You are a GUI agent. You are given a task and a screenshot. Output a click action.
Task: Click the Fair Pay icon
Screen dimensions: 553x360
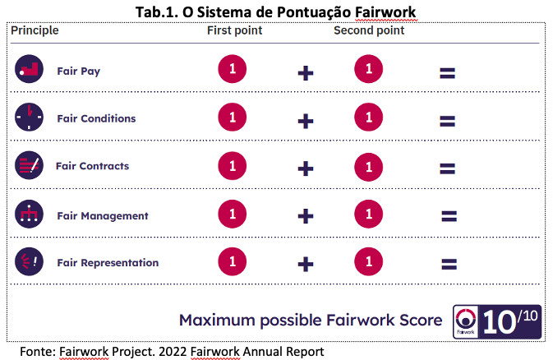(29, 69)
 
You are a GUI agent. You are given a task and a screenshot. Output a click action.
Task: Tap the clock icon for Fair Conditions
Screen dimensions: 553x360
(29, 117)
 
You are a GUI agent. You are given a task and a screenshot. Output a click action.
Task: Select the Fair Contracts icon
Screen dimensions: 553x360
(29, 165)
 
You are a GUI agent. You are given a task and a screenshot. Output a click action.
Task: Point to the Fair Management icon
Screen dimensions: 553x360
(29, 214)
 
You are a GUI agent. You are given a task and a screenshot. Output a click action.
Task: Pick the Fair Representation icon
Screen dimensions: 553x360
(29, 261)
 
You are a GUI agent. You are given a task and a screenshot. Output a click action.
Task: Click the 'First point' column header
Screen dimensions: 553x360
(234, 30)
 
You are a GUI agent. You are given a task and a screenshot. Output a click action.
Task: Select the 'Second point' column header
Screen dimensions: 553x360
(369, 30)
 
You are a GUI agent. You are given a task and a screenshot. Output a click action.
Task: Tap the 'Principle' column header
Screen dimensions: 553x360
(35, 30)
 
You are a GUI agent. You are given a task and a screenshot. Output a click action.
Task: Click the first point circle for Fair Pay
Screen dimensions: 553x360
(232, 69)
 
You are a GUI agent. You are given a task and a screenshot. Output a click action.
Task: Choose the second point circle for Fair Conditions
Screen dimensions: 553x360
(369, 118)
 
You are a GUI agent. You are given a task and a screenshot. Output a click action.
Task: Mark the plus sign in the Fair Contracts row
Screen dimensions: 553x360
(306, 168)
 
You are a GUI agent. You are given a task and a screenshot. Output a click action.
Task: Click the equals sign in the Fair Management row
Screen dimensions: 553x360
(449, 216)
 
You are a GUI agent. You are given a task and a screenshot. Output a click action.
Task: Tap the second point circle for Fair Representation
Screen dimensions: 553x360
(369, 261)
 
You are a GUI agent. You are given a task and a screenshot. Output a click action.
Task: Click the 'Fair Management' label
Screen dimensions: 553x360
(103, 216)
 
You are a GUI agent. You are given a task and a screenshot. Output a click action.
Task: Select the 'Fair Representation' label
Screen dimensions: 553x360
(108, 263)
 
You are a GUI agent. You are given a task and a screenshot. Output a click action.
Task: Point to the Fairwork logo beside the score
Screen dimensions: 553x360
(466, 321)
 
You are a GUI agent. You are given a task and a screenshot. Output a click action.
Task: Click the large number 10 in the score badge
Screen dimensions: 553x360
(499, 322)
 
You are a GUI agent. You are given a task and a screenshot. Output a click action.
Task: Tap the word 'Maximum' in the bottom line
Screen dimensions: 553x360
(217, 321)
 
